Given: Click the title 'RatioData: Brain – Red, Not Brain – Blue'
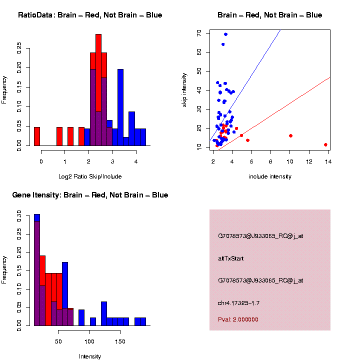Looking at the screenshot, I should [90, 15].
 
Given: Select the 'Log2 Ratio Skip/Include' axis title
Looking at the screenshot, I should [90, 176].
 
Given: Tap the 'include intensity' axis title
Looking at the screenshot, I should [270, 176].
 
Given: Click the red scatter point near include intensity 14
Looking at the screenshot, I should [325, 144].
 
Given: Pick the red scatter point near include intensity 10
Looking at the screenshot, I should [290, 135].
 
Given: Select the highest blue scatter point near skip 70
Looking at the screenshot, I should [225, 34].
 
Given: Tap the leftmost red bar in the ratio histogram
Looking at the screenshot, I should [37, 136].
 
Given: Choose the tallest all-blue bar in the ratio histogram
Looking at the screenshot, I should [120, 107].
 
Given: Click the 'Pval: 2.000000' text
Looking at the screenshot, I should [238, 319].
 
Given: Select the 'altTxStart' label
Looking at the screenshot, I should [230, 258].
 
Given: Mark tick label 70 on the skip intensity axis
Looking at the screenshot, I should [199, 32].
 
